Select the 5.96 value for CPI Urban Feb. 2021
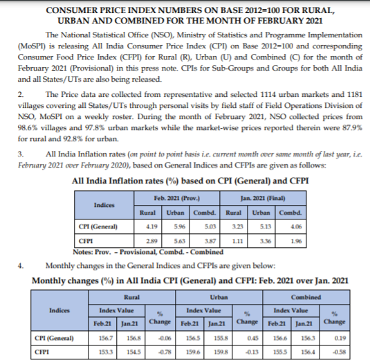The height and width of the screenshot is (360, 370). tap(179, 226)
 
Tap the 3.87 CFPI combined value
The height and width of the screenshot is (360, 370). tap(210, 239)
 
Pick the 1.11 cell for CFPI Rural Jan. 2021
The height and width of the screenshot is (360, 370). tap(235, 239)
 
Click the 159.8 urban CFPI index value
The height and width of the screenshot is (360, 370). tap(221, 351)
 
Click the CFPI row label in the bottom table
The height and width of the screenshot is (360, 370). tap(43, 351)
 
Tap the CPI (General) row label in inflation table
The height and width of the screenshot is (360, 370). tap(96, 226)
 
